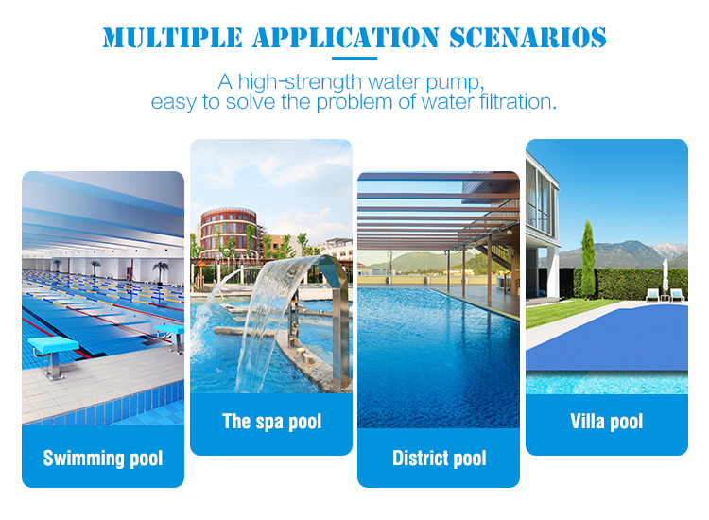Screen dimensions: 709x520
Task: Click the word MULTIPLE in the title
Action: [172, 38]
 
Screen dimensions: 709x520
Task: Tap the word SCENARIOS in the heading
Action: [527, 38]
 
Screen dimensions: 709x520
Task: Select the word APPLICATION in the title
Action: [345, 38]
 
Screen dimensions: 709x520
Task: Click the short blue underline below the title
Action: [354, 58]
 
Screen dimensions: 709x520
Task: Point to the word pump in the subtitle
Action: [454, 83]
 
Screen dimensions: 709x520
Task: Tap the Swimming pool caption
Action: [103, 458]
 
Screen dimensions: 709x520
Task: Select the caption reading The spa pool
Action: [271, 422]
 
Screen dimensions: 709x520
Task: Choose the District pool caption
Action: [439, 458]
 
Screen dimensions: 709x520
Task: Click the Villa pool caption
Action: [606, 422]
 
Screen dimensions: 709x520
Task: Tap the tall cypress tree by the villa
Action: [587, 260]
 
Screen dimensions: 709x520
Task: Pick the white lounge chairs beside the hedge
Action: [665, 295]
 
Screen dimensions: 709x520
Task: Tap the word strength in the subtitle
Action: [323, 82]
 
